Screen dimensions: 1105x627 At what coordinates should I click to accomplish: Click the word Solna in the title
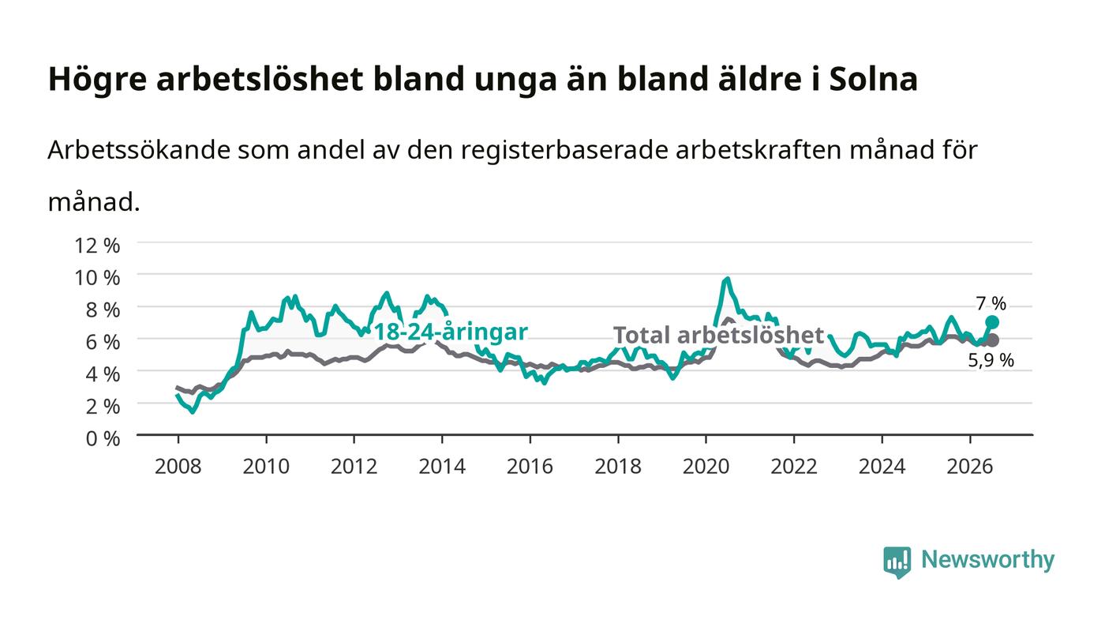873,79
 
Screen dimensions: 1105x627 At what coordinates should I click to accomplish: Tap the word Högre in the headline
97,80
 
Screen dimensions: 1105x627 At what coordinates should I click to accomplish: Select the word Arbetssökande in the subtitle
139,149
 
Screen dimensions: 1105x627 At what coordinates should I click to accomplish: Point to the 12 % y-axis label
97,246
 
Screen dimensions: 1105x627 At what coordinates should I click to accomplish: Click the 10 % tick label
97,277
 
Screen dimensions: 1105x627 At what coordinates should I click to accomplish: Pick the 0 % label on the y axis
103,438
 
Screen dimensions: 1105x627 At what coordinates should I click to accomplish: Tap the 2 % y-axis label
103,407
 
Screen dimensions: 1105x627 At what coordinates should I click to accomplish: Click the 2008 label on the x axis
178,466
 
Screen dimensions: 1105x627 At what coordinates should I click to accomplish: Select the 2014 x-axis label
442,466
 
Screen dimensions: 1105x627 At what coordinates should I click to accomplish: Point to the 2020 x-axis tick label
706,466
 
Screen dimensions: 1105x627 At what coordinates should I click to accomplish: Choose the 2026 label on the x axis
970,466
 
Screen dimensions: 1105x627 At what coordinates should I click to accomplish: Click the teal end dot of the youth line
992,322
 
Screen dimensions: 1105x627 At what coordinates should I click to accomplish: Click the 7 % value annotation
991,303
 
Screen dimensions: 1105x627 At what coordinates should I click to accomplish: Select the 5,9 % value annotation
991,360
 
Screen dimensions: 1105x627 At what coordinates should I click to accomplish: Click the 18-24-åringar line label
451,332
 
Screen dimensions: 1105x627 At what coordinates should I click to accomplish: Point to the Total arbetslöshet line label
718,336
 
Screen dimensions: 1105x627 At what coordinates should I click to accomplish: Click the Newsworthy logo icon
897,562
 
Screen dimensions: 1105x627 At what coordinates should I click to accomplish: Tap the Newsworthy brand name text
987,560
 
